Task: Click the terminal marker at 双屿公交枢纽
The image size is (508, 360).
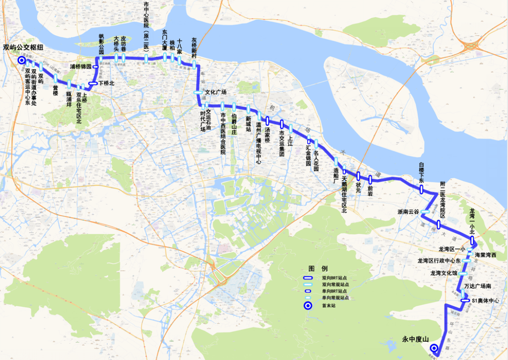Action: pos(22,61)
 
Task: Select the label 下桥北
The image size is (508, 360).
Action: pos(106,83)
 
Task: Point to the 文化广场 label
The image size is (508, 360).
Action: pos(216,92)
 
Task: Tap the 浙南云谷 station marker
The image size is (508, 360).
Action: pos(424,212)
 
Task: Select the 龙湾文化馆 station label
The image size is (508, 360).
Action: pos(444,273)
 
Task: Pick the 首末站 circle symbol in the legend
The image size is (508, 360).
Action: pos(308,306)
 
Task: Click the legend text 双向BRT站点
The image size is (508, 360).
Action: pos(335,278)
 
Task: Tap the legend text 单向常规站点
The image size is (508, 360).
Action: pos(335,298)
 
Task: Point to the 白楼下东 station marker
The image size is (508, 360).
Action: pos(421,189)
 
